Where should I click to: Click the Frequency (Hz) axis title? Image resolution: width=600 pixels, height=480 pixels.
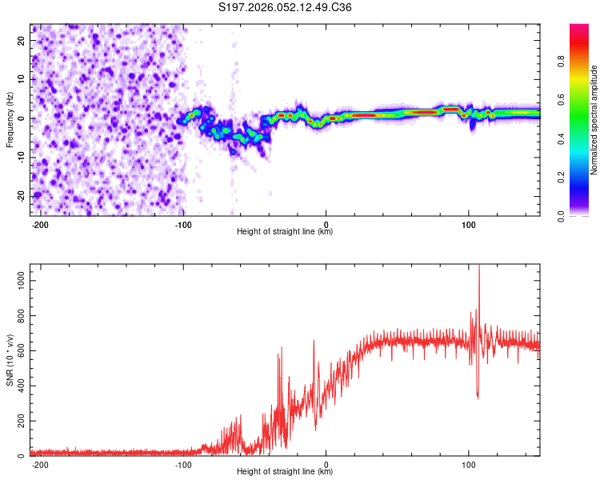pyautogui.click(x=10, y=119)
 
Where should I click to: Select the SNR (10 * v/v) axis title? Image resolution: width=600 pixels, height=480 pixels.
pyautogui.click(x=10, y=360)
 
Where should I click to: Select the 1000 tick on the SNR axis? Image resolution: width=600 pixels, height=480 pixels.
pyautogui.click(x=16, y=279)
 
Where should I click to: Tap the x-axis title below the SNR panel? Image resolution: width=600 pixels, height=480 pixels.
pyautogui.click(x=285, y=472)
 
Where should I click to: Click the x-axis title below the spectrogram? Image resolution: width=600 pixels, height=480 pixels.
pyautogui.click(x=285, y=232)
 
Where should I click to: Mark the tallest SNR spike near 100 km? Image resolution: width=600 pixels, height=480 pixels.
pyautogui.click(x=479, y=267)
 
